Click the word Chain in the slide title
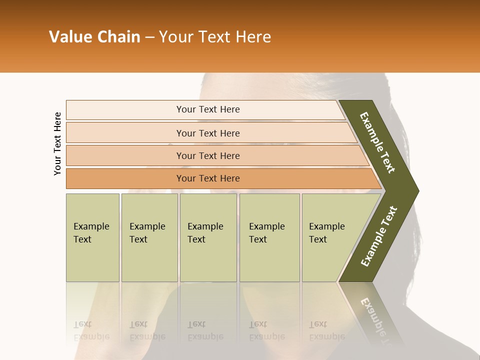tap(119, 37)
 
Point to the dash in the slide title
tap(150, 37)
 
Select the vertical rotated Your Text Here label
tap(57, 143)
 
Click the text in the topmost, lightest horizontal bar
tap(208, 109)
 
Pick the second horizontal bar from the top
tap(208, 133)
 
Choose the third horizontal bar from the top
tap(208, 156)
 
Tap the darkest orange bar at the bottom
tap(208, 178)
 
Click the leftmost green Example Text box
tap(92, 233)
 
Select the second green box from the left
tap(148, 233)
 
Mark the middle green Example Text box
tap(207, 233)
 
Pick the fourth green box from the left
tap(269, 233)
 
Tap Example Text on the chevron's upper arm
tap(377, 142)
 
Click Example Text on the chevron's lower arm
tap(379, 236)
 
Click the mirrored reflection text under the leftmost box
tap(91, 330)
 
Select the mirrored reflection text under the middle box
tap(205, 330)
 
